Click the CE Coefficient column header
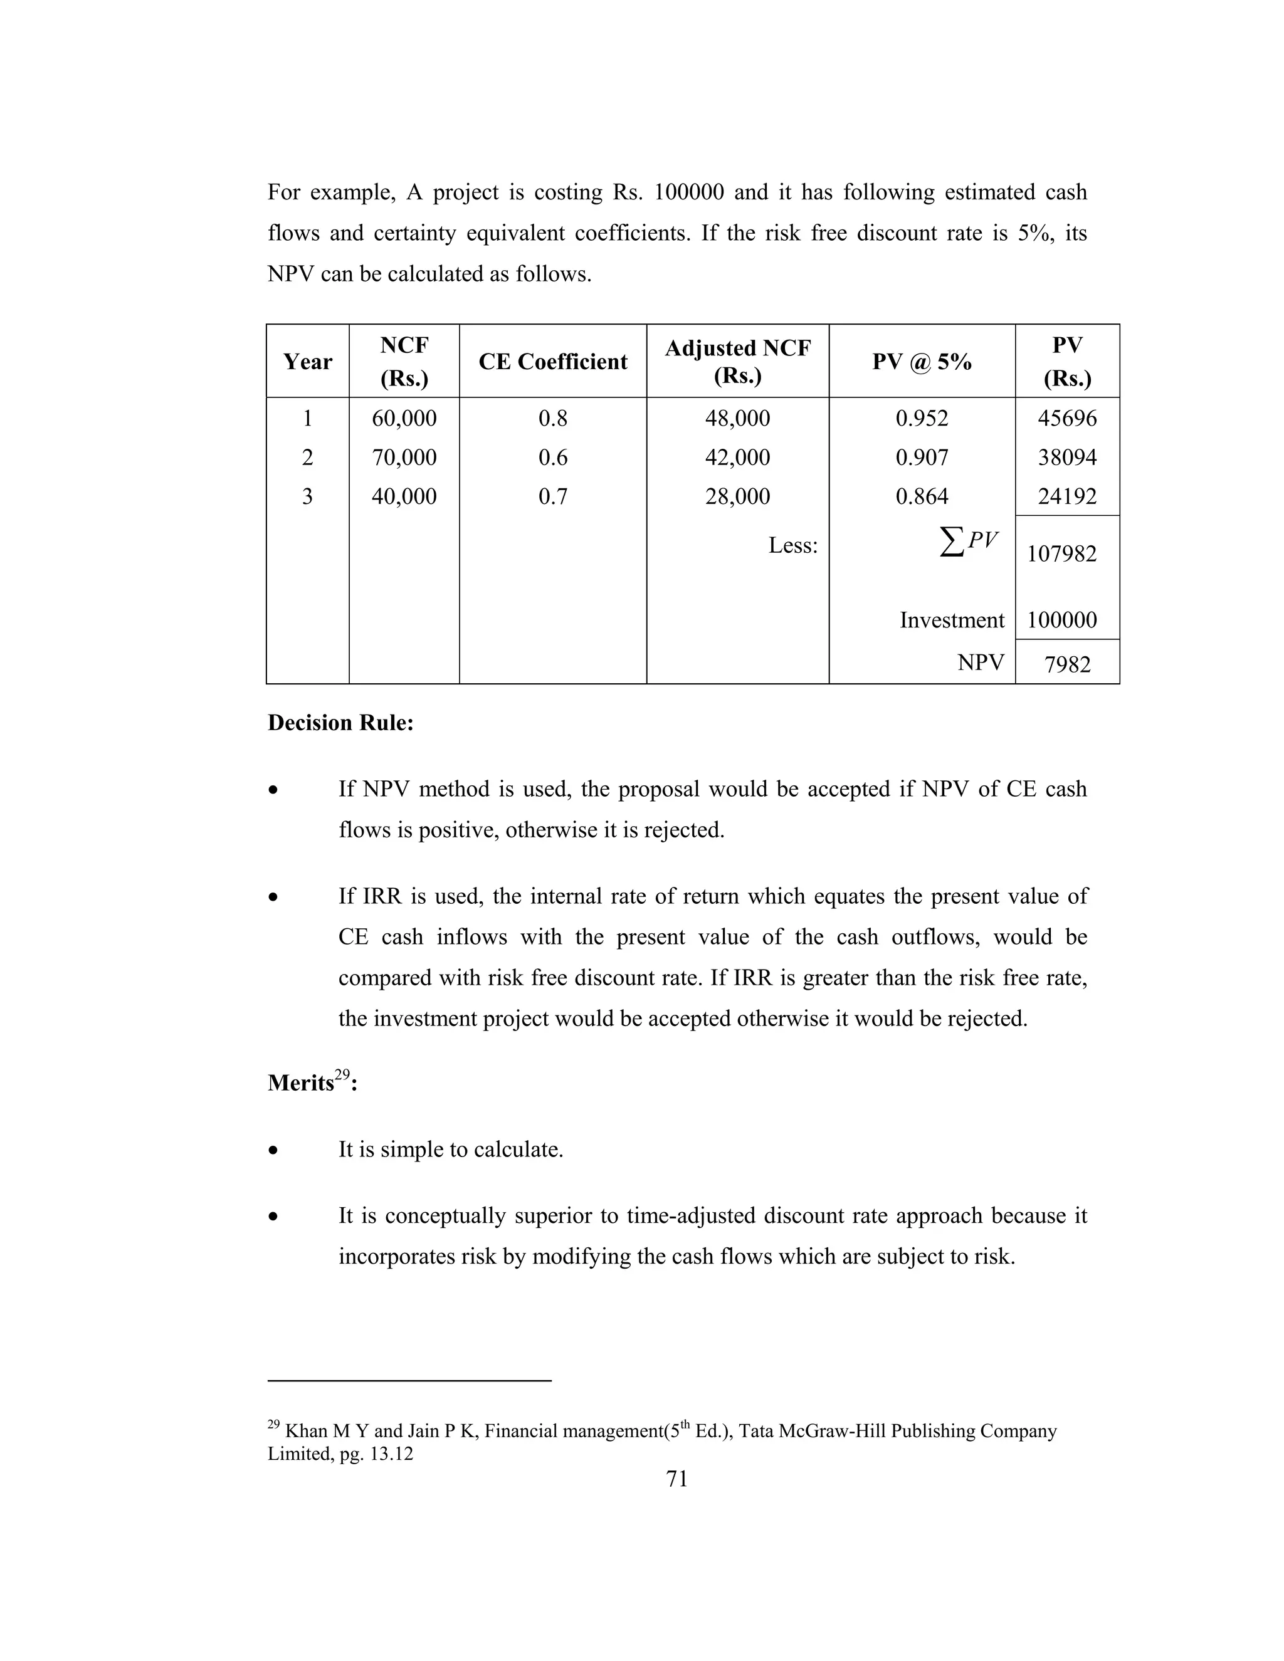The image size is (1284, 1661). click(552, 361)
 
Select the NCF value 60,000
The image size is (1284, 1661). click(404, 418)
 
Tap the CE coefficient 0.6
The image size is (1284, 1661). click(552, 457)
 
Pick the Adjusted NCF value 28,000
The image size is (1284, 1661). click(737, 496)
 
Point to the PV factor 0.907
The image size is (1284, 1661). click(921, 457)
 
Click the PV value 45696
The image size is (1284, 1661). click(1066, 418)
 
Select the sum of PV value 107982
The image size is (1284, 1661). click(1061, 553)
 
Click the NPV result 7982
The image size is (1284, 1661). click(1067, 664)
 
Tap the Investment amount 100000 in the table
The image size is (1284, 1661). click(1061, 620)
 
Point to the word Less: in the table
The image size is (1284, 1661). click(792, 545)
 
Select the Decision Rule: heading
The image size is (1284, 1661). click(340, 723)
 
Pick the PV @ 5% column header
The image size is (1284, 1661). click(921, 361)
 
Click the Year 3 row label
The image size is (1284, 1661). click(307, 496)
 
